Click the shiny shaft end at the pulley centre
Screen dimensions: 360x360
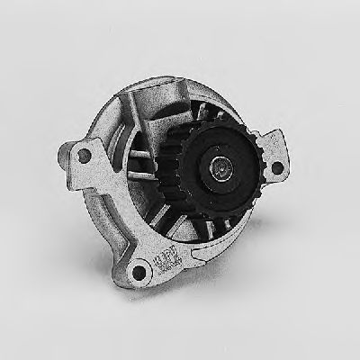220,166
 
